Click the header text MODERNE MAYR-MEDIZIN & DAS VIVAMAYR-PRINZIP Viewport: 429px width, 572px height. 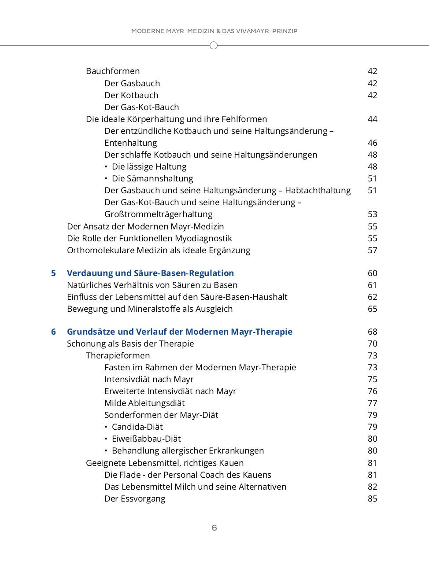click(214, 31)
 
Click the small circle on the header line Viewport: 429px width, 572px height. click(214, 45)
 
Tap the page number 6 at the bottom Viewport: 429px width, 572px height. click(214, 528)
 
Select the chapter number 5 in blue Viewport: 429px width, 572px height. click(53, 273)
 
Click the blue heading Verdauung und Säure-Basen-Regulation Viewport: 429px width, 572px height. click(150, 273)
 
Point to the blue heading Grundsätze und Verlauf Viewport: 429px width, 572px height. click(179, 332)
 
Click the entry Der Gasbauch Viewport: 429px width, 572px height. click(132, 83)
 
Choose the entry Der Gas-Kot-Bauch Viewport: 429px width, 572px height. click(141, 107)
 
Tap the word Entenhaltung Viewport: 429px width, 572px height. click(130, 143)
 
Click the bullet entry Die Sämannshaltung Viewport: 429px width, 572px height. click(152, 178)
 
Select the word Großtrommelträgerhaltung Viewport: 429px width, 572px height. click(158, 214)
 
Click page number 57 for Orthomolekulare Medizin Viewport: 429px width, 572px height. click(372, 250)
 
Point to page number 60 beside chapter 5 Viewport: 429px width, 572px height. click(372, 273)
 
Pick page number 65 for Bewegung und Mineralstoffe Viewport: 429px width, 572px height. click(372, 309)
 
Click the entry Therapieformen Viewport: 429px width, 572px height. click(118, 355)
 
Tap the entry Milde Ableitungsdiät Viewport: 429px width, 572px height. click(144, 403)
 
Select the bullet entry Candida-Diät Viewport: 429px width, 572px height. click(137, 427)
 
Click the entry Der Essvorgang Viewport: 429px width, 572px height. click(135, 498)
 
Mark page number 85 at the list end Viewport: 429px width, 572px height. click(372, 498)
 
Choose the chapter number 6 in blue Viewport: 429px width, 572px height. click(53, 332)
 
